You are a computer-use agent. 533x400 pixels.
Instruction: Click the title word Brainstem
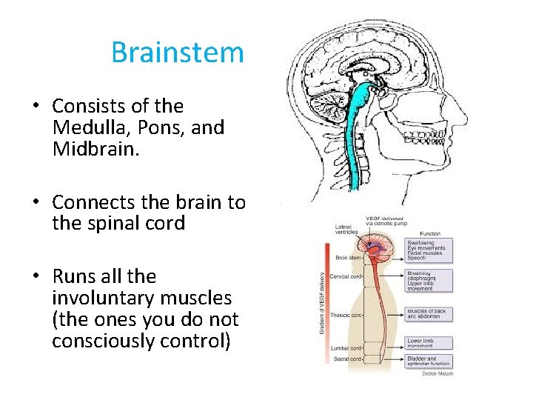click(177, 53)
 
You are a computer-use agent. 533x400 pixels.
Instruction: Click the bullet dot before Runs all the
click(36, 277)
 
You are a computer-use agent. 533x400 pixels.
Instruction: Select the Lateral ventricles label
click(346, 229)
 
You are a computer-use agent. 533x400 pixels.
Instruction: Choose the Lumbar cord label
click(346, 347)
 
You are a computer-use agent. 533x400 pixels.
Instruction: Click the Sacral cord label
click(346, 359)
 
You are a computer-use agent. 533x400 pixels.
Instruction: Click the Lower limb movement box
click(428, 344)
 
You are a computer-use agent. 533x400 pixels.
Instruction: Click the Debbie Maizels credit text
click(438, 373)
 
